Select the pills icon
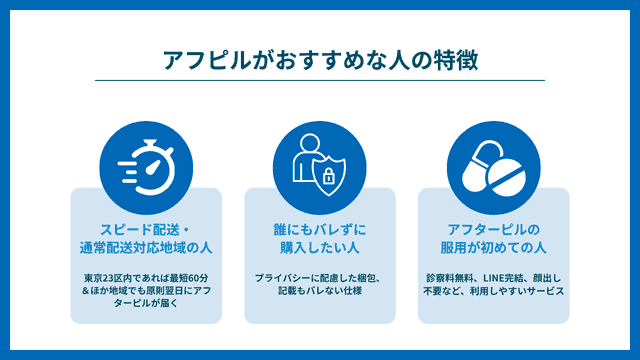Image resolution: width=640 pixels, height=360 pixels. point(492,165)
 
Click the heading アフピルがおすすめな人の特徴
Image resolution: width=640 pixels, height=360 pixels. point(320,60)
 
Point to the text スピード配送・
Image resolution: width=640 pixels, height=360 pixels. point(146,228)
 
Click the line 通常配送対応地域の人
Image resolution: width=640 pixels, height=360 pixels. point(146,247)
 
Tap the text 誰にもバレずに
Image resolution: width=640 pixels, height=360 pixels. point(320,228)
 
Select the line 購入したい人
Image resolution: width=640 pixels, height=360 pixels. point(320,247)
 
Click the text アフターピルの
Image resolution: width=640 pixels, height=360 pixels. point(493,228)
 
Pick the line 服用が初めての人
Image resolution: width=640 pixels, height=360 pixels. point(493,247)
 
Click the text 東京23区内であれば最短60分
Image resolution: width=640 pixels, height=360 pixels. point(146,276)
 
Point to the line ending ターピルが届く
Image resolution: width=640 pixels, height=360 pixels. point(146,304)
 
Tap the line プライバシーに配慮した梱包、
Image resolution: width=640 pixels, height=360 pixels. point(320,276)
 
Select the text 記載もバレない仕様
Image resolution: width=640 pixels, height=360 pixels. point(320,290)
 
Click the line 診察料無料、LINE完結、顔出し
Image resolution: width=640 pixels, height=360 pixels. point(493,276)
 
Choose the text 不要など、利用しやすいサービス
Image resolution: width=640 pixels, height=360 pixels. point(493,290)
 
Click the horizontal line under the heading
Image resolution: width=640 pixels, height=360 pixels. point(320,81)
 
